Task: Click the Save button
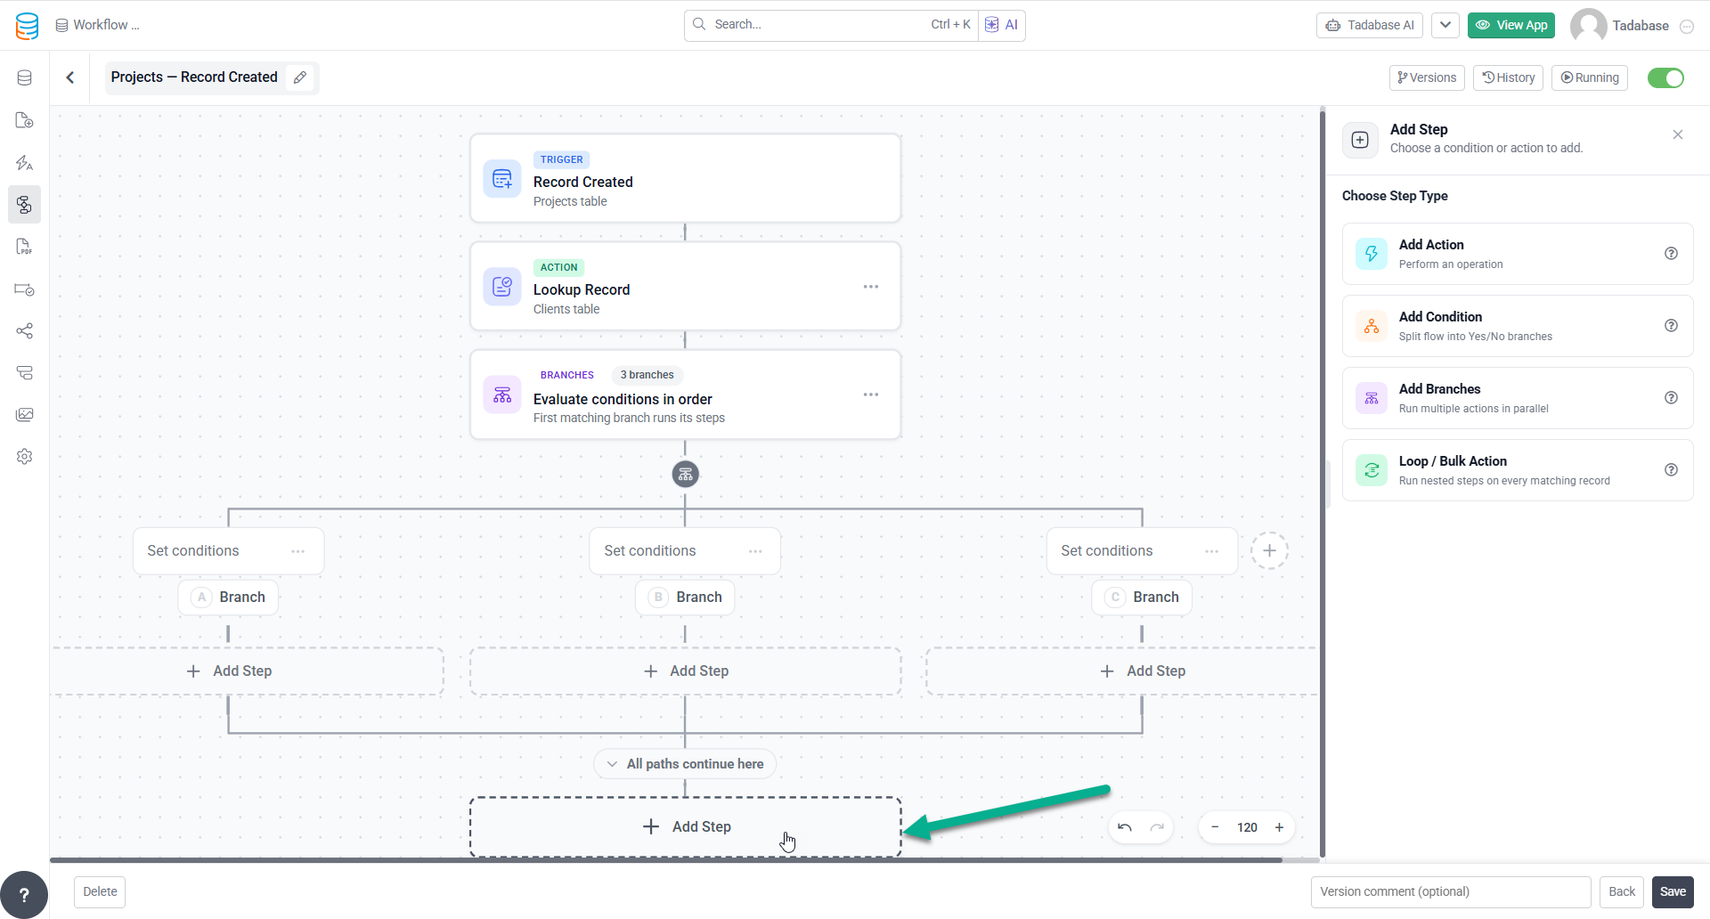point(1673,891)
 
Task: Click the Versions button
point(1427,77)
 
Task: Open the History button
point(1508,77)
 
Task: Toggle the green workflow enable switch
point(1665,77)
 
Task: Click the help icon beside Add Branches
point(1671,397)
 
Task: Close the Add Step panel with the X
point(1678,134)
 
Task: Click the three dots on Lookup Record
point(870,287)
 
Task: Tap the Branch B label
point(685,597)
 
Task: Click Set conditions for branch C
point(1106,551)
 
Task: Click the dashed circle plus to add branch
point(1269,550)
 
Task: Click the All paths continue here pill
point(685,764)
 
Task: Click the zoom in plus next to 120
point(1279,827)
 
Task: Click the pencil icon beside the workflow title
point(300,77)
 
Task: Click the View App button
point(1511,25)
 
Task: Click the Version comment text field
point(1451,891)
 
